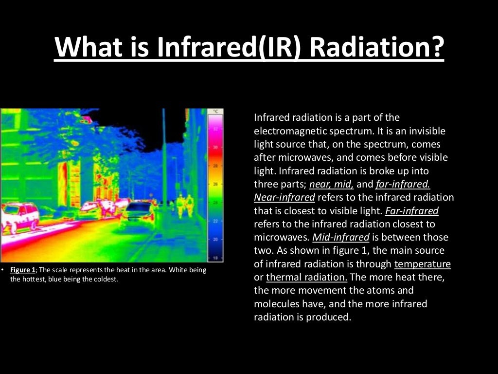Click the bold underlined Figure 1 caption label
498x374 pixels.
pyautogui.click(x=22, y=270)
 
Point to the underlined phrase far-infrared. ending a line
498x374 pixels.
pyautogui.click(x=403, y=185)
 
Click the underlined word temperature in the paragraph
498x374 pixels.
pyautogui.click(x=422, y=264)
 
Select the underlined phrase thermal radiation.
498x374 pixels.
pyautogui.click(x=306, y=277)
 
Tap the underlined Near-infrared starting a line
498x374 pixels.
pyautogui.click(x=285, y=198)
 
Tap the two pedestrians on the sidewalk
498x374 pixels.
pyautogui.click(x=184, y=205)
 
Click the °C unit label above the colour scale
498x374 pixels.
pyautogui.click(x=215, y=112)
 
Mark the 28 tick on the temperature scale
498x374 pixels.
pyautogui.click(x=215, y=166)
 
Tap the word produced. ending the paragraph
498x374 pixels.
pyautogui.click(x=328, y=317)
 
